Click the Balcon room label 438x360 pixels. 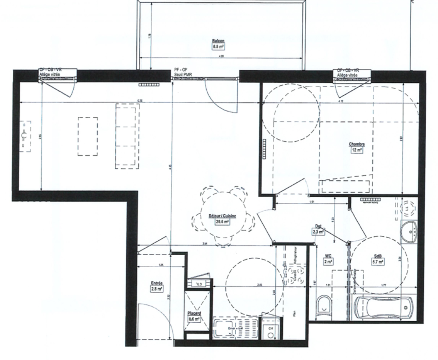(218, 41)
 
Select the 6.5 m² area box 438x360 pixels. (218, 46)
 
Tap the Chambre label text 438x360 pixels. (356, 144)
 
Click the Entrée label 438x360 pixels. (156, 283)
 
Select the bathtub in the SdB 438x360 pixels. (386, 308)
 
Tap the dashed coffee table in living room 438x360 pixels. (88, 136)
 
